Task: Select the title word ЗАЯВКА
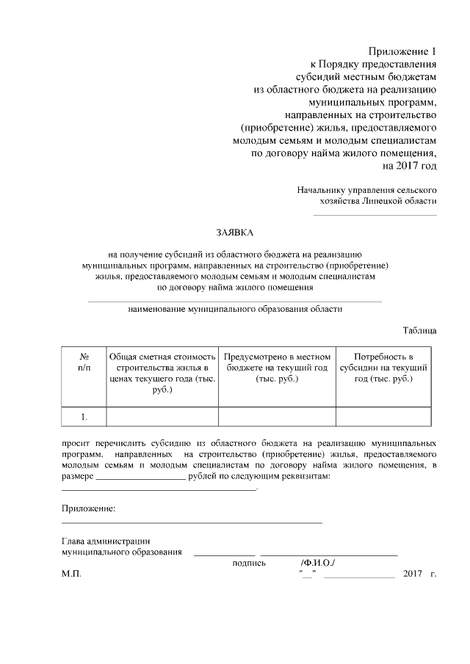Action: (x=234, y=233)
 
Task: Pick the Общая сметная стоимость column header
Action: (x=162, y=372)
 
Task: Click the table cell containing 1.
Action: (x=84, y=417)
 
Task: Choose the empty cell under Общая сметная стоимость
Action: (x=162, y=417)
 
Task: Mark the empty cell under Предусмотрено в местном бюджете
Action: (x=277, y=417)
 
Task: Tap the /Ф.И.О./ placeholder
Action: (x=317, y=563)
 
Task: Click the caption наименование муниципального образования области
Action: (x=234, y=309)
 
